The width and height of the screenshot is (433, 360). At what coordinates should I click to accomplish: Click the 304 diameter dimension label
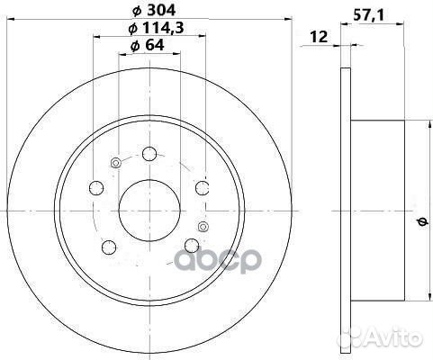coord(154,11)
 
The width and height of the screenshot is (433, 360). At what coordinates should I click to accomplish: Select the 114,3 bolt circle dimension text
coord(156,28)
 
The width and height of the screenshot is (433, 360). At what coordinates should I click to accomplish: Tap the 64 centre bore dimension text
coord(148,45)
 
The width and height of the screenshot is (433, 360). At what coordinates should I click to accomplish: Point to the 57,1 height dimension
coord(368,15)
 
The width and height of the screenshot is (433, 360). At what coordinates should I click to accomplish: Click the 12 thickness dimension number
coord(319,37)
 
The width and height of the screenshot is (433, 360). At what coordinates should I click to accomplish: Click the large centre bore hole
coord(149,211)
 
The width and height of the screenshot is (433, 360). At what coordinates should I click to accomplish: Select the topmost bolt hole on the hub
coord(149,154)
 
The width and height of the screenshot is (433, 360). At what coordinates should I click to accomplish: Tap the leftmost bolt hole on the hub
coord(96,188)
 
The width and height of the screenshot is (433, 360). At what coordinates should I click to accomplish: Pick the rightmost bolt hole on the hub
coord(203,188)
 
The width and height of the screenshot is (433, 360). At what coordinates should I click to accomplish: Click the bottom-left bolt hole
coord(109,247)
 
